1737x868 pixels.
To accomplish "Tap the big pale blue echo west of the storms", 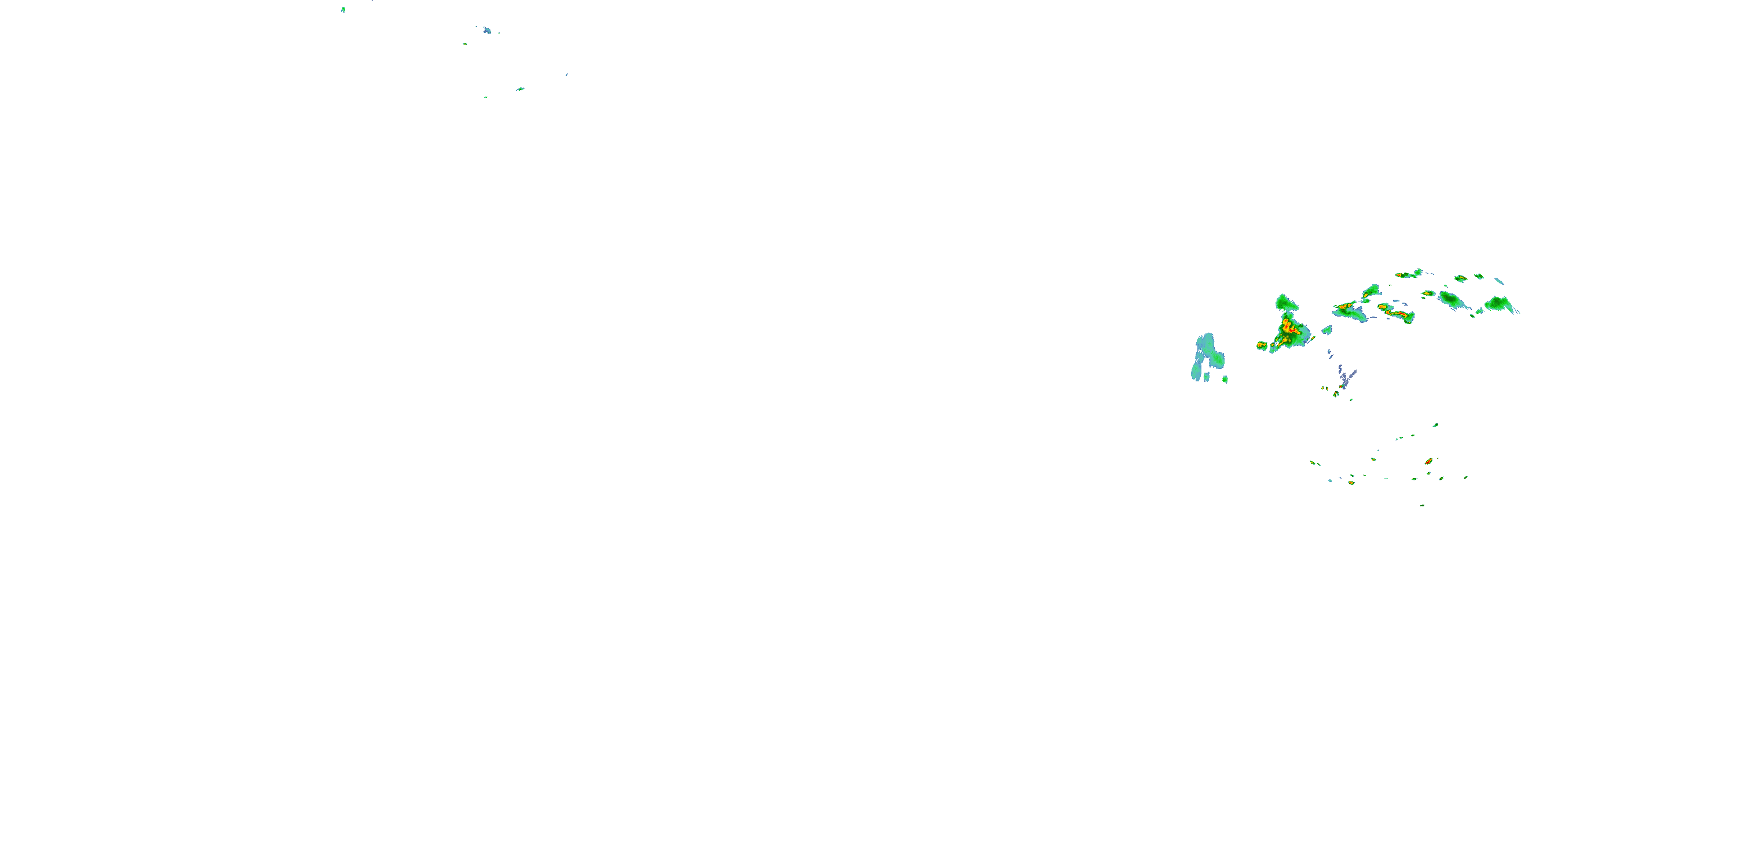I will pyautogui.click(x=1207, y=356).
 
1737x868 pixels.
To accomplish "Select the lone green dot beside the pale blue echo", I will pyautogui.click(x=1225, y=379).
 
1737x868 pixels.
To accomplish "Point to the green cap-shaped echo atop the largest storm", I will pyautogui.click(x=1286, y=303).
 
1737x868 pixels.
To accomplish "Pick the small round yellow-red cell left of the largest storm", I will pyautogui.click(x=1262, y=345).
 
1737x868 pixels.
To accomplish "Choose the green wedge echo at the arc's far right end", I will pyautogui.click(x=1500, y=304).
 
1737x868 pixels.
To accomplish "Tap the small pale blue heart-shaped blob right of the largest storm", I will pyautogui.click(x=1327, y=330).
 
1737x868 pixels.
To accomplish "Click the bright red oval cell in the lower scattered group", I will pyautogui.click(x=1428, y=462).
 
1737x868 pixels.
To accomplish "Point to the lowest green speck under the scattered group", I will pyautogui.click(x=1422, y=505).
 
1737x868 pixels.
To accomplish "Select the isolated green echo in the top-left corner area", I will pyautogui.click(x=343, y=9).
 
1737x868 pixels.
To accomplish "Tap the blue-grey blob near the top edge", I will pyautogui.click(x=487, y=30).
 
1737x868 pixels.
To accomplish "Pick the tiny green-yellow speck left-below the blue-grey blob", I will pyautogui.click(x=464, y=44).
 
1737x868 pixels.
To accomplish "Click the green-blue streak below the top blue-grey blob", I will pyautogui.click(x=520, y=89).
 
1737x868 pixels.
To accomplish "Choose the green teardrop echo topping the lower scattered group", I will pyautogui.click(x=1435, y=425).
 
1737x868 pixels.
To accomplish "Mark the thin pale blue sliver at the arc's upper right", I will pyautogui.click(x=1499, y=281).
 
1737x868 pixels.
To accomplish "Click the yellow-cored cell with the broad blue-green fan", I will pyautogui.click(x=1347, y=310).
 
